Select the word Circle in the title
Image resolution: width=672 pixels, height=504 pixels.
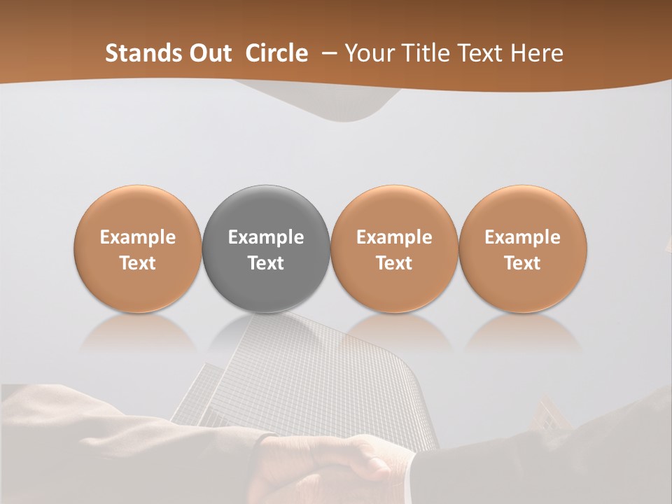click(276, 53)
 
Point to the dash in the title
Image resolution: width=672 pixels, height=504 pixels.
click(326, 54)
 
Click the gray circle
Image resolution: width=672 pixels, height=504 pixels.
click(266, 217)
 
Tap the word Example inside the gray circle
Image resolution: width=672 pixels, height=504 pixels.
click(266, 237)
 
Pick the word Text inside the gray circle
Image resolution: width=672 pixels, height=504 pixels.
click(266, 263)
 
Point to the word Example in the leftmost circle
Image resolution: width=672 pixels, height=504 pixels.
click(138, 237)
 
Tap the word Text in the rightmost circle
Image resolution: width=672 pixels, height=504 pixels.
click(522, 263)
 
